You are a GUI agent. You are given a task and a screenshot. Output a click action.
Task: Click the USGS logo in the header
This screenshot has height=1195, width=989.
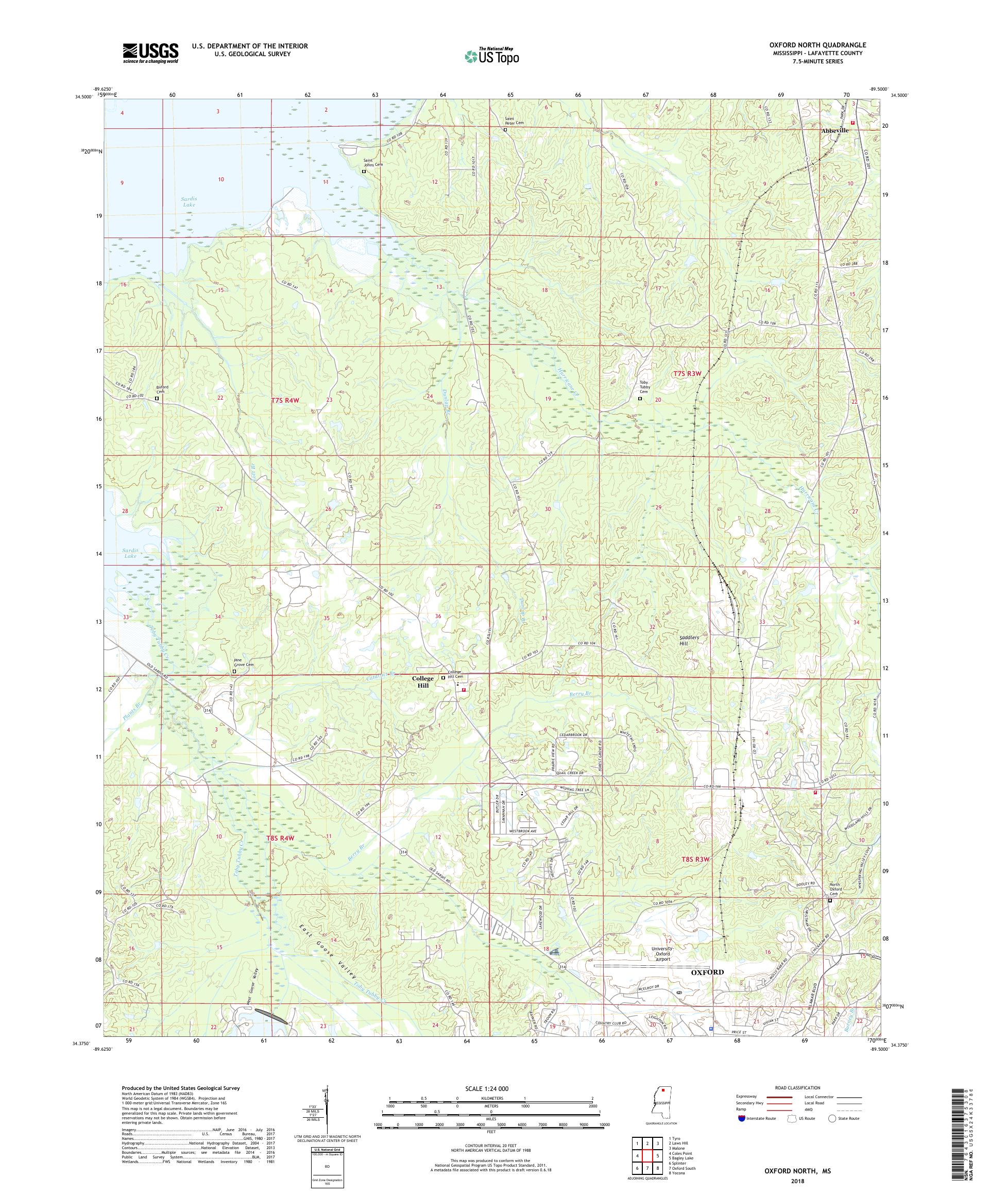click(151, 54)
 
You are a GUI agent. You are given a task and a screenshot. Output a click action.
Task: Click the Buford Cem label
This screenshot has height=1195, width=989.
click(162, 389)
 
